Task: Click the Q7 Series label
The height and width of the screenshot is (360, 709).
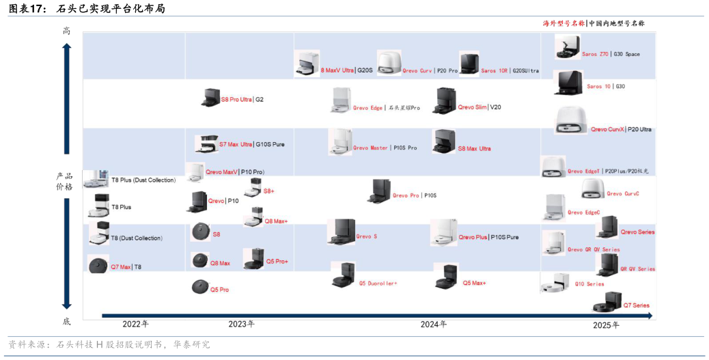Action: (636, 305)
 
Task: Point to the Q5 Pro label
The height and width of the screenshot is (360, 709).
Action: (219, 290)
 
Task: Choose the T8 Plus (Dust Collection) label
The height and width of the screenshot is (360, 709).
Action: (143, 180)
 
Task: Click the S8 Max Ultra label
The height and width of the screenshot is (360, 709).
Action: (474, 148)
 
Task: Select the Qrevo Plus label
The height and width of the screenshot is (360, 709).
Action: (473, 237)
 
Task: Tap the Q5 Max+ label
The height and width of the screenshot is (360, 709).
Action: (474, 283)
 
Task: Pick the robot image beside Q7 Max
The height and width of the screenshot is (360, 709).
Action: (98, 265)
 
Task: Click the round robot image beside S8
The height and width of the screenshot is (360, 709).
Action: (200, 232)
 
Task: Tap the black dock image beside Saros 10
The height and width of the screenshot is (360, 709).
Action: (568, 83)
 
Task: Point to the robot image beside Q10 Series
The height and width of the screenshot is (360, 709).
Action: (555, 282)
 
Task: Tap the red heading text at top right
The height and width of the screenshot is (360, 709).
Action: (564, 23)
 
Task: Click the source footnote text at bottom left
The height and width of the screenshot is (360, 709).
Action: (109, 345)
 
